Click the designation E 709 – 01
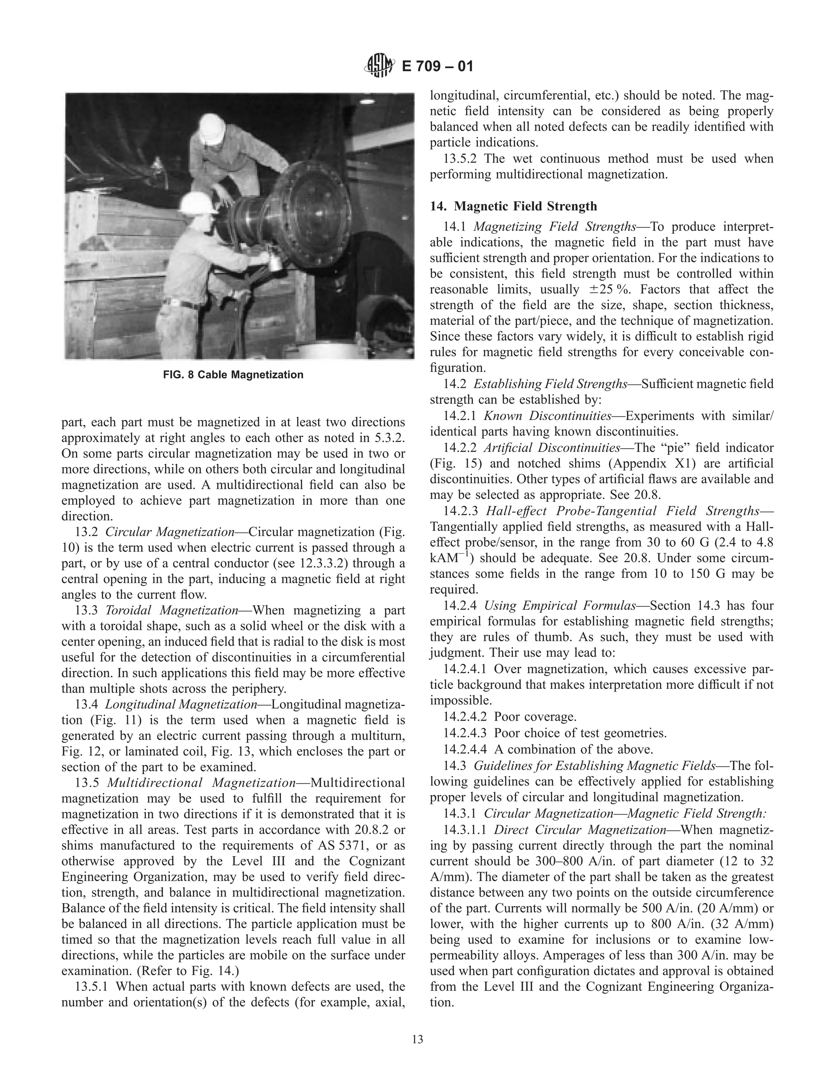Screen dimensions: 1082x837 tap(437, 66)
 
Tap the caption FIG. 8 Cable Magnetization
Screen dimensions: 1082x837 tap(233, 374)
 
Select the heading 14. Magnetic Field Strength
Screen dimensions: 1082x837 tap(513, 206)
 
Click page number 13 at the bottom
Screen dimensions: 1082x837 tap(418, 1040)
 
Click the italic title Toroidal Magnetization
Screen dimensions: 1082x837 tap(172, 610)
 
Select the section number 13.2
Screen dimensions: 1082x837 tap(85, 532)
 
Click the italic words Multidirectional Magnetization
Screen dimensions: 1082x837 tap(201, 783)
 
